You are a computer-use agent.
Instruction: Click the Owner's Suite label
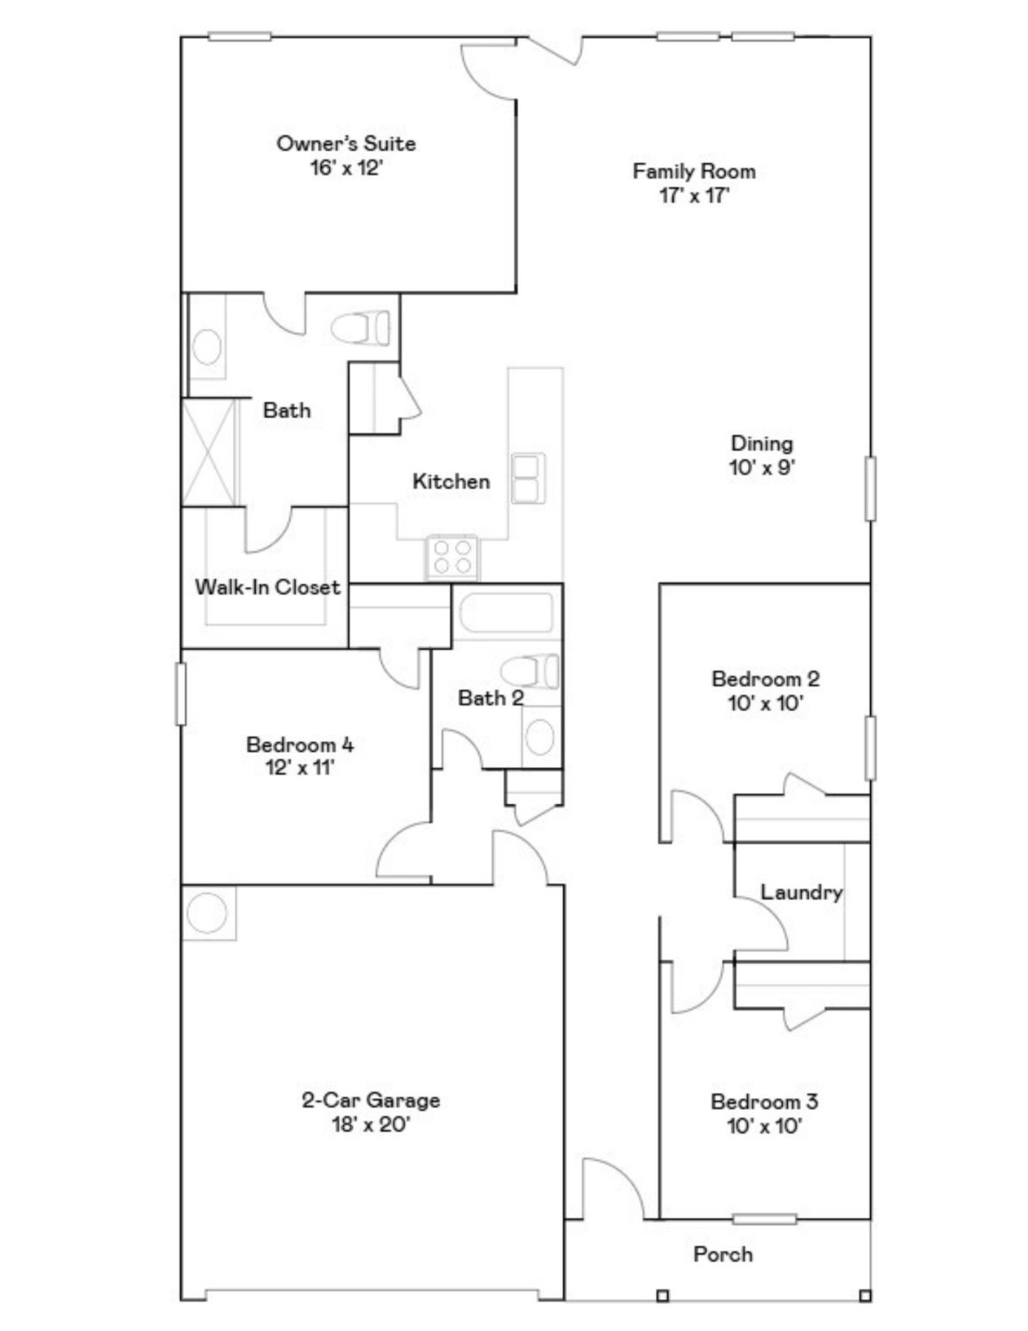pos(346,144)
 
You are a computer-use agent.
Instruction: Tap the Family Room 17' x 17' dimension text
pos(693,195)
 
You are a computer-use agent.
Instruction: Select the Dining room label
pos(762,444)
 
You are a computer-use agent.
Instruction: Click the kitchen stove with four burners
pos(452,556)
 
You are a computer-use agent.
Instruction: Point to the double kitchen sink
pos(527,477)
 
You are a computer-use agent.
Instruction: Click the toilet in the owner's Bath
pos(361,328)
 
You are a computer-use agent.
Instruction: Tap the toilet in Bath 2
pos(530,672)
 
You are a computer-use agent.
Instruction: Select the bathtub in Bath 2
pos(505,613)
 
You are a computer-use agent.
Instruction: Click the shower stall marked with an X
pos(209,451)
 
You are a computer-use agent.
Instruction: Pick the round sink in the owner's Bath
pos(206,347)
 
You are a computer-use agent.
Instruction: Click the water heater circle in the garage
pos(207,912)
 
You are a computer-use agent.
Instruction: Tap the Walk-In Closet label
pos(267,588)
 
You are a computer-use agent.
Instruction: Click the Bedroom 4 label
pos(300,744)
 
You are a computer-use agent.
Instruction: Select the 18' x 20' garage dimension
pos(370,1125)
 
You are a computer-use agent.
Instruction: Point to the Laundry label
pos(801,892)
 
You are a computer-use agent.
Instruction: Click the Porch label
pos(723,1254)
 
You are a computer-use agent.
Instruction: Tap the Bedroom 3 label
pos(764,1101)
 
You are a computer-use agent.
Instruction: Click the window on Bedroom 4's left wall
pos(181,693)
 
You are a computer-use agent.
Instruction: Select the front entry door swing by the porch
pos(611,1187)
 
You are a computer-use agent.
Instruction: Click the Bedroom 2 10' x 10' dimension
pos(764,703)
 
